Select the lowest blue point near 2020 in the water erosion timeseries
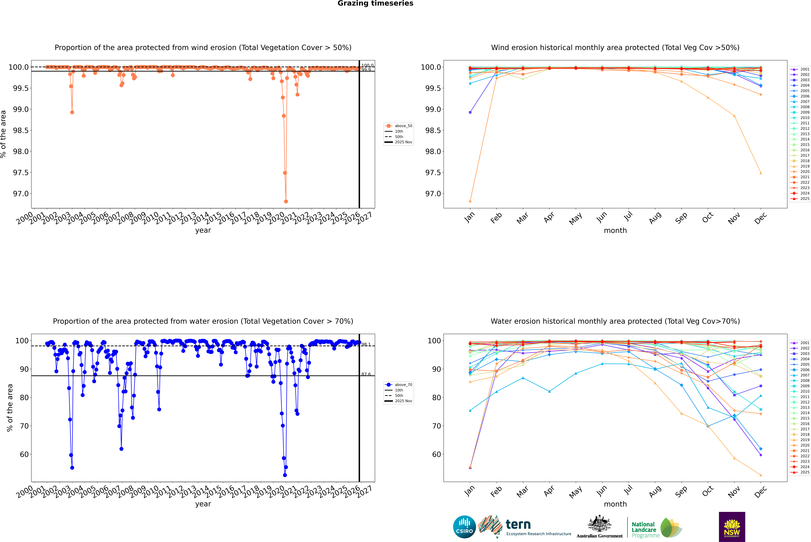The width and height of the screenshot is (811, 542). (x=285, y=475)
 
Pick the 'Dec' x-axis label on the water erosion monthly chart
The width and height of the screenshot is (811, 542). (x=761, y=492)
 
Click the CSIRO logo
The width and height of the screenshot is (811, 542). (x=464, y=527)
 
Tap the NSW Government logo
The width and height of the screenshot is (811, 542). (x=732, y=527)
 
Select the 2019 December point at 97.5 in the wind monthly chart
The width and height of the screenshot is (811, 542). (x=761, y=173)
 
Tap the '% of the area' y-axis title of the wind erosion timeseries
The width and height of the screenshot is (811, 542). (x=3, y=134)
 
